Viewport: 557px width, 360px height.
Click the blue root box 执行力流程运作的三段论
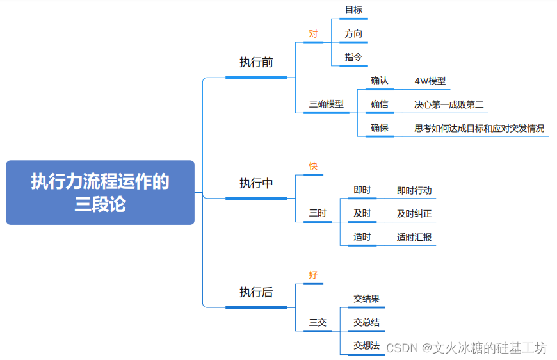[x=100, y=193]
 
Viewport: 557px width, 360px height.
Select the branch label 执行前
[x=256, y=62]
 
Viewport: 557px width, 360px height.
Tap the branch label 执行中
[x=256, y=183]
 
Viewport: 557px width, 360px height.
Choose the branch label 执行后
[x=256, y=292]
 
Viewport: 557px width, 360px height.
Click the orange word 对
[x=313, y=33]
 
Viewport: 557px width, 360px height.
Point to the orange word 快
[x=313, y=166]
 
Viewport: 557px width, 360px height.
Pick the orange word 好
[x=313, y=275]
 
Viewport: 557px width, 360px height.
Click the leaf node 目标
[x=353, y=10]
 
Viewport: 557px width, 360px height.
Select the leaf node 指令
[x=353, y=57]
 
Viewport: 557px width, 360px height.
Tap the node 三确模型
[x=327, y=104]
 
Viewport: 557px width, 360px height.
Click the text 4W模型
[x=430, y=81]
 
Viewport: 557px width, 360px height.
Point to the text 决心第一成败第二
[x=449, y=104]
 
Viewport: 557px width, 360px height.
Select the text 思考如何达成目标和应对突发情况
[x=479, y=128]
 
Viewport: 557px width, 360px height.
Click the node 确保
[x=380, y=128]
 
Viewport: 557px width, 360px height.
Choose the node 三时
[x=318, y=213]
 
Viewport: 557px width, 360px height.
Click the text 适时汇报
[x=414, y=237]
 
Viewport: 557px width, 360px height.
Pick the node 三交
[x=318, y=322]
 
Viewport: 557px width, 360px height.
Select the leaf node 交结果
[x=367, y=299]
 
